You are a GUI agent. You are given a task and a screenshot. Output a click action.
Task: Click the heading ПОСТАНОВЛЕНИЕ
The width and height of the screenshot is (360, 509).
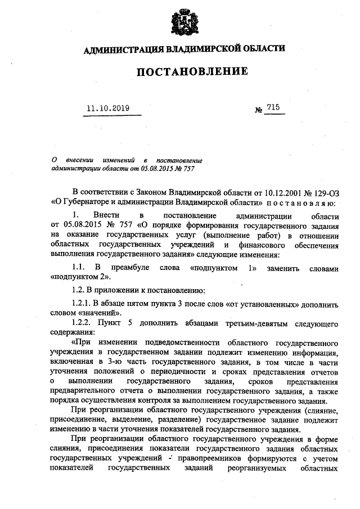184,72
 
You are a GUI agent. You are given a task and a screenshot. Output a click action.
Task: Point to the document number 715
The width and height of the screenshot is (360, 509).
274,107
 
